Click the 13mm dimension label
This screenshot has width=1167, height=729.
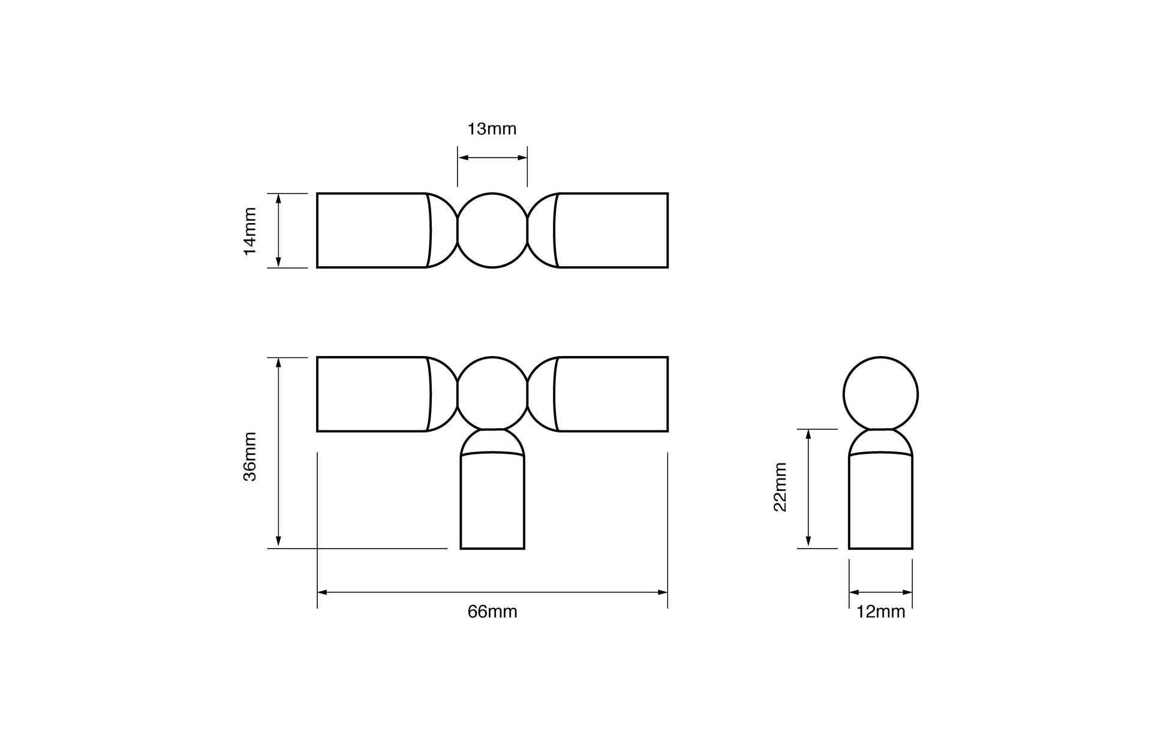pos(492,129)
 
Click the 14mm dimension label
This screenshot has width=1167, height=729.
pos(250,231)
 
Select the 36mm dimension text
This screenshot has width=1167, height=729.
pos(250,456)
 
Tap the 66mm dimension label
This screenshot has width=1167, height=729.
pos(492,612)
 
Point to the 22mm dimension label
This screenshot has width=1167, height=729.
pos(780,486)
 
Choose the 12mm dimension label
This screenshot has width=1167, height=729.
pos(880,612)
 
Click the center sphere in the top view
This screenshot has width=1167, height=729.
pos(492,230)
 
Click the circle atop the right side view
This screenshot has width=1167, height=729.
pos(880,394)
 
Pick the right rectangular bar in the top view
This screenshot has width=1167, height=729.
pos(612,230)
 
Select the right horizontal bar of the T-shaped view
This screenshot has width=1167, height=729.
pos(612,394)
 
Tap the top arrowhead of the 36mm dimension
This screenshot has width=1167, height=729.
pos(278,362)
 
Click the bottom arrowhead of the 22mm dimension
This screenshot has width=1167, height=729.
pos(808,543)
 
